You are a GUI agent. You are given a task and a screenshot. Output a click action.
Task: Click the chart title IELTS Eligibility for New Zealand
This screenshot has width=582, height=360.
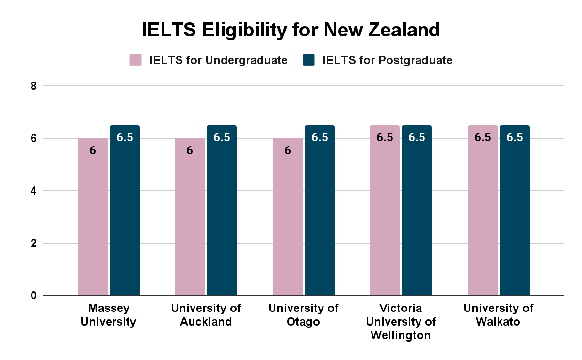coord(291,30)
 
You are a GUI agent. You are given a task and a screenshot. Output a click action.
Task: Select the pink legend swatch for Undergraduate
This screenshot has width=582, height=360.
coord(135,60)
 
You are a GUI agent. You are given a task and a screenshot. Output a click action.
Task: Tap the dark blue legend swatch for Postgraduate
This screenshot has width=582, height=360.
coord(308,60)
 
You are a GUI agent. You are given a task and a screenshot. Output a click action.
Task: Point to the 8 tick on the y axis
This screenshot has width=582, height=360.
coord(33,86)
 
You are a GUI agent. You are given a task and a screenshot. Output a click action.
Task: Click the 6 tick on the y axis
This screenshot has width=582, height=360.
coord(33,138)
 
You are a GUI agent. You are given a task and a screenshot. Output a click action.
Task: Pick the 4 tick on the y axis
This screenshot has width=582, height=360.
coord(33,191)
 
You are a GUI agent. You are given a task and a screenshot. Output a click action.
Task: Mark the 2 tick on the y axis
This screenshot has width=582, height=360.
coord(33,243)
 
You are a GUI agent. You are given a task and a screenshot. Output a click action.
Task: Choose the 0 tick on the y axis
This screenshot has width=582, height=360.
coord(33,295)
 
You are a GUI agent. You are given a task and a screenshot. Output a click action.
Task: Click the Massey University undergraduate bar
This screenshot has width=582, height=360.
coord(92,218)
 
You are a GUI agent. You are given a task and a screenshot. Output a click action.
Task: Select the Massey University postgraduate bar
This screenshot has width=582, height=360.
coord(125,213)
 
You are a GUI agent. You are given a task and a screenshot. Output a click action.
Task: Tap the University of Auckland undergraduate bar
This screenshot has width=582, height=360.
coord(190,218)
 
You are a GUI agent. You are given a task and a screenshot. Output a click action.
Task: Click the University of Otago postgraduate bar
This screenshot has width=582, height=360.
coord(320,213)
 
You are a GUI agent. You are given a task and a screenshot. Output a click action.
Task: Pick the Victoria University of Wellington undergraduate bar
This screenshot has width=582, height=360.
coord(385,213)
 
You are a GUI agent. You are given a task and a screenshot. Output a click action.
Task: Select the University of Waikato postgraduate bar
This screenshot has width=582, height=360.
coord(515,213)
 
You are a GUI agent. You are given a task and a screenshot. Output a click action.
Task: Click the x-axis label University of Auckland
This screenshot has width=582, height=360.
coord(206,315)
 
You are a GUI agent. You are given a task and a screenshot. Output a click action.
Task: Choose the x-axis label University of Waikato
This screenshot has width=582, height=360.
coord(498,315)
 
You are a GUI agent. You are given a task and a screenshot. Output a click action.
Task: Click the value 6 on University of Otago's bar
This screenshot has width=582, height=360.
coord(288,151)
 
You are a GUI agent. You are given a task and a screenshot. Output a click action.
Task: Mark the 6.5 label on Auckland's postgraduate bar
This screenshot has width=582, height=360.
coord(222,137)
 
